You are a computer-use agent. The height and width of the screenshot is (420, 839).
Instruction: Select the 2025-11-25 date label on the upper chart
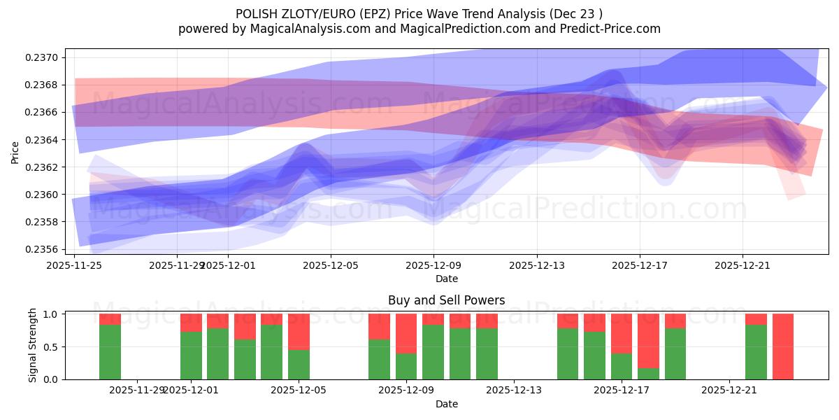pos(74,265)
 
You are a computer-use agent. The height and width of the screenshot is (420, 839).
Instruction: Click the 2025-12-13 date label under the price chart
pos(537,265)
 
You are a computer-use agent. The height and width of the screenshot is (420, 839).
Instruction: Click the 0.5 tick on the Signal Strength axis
pos(52,346)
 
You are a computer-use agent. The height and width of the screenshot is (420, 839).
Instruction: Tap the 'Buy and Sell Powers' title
pos(446,300)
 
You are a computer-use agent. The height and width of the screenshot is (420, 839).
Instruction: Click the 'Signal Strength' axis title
pos(33,345)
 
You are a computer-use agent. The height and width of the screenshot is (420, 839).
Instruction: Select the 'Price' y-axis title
pos(15,151)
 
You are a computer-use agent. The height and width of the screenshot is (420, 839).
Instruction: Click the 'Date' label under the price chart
pos(446,279)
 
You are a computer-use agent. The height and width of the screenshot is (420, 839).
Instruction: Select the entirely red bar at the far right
pos(782,346)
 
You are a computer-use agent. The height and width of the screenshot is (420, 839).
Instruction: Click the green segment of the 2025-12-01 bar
pos(191,356)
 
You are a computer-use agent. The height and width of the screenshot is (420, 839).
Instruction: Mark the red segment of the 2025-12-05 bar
pos(299,331)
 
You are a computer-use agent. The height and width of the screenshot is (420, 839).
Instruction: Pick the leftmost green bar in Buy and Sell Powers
pos(110,352)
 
